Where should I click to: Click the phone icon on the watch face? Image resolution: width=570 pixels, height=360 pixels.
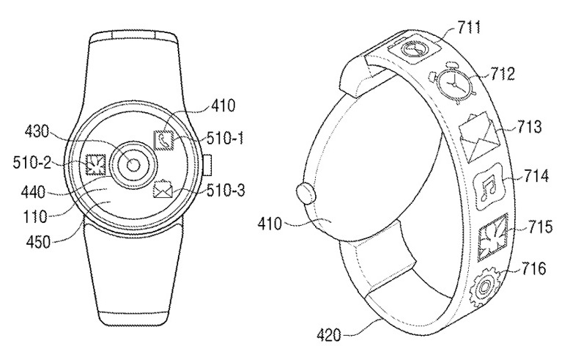[x=163, y=140]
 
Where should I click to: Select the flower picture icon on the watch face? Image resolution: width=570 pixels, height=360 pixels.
[x=95, y=164]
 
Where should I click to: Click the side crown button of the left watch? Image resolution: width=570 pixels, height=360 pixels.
[x=208, y=165]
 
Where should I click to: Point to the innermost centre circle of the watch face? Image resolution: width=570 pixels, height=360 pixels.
[x=133, y=166]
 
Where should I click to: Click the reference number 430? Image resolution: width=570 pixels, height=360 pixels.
[x=37, y=132]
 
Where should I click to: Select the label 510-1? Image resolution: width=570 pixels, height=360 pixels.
[x=226, y=138]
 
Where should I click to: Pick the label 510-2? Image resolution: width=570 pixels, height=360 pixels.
[x=32, y=162]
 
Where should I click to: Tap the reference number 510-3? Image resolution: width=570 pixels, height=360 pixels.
[x=226, y=190]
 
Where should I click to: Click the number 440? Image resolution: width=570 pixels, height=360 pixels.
[x=33, y=191]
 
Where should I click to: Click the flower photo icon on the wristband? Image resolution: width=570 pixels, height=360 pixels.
[x=492, y=238]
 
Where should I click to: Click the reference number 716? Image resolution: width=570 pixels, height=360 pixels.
[x=533, y=269]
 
